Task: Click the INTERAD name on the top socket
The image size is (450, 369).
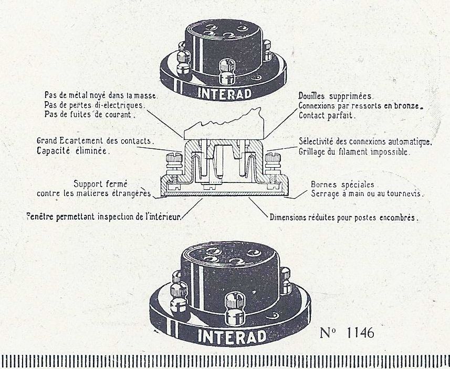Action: pos(224,93)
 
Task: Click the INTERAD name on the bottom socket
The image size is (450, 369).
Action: pos(232,337)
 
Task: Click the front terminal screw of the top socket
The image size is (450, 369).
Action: pos(227,71)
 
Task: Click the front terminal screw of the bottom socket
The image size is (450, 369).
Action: pos(235,308)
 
